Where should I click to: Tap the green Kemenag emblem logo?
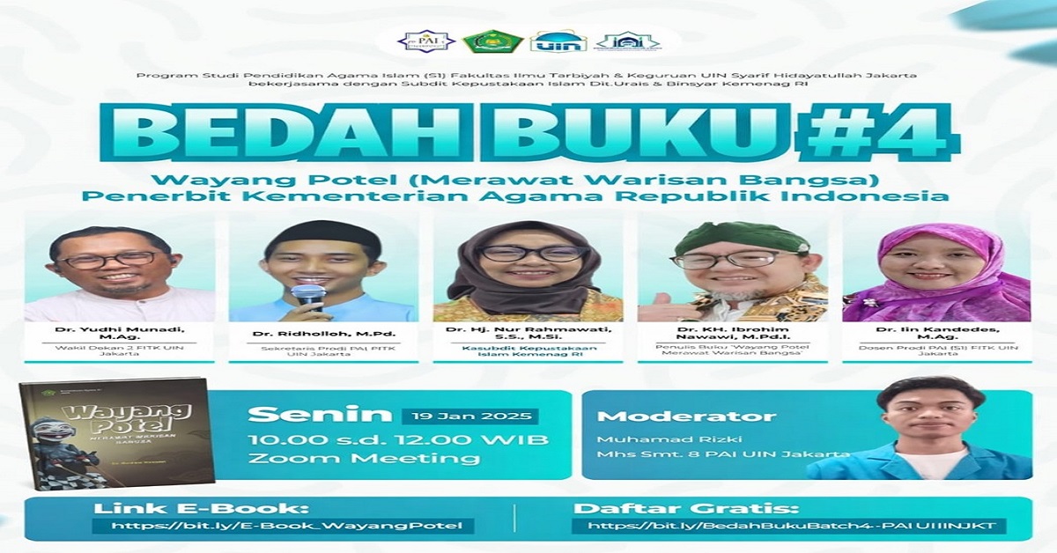(x=489, y=41)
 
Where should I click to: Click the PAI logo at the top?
(x=425, y=41)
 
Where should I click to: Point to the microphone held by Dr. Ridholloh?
(x=307, y=295)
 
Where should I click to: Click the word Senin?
(x=319, y=415)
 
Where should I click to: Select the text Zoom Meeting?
(x=364, y=458)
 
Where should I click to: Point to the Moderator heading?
(x=687, y=417)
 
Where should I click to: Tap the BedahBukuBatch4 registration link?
(x=788, y=527)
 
